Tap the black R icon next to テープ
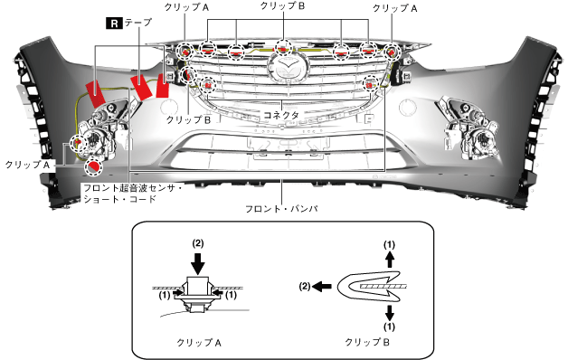(114, 24)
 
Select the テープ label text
(138, 23)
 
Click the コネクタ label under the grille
(281, 115)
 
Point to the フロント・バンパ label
(281, 209)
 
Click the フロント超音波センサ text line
(132, 188)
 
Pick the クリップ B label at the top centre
(282, 5)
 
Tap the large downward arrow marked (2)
(198, 263)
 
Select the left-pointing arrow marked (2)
(322, 287)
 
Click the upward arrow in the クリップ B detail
(390, 260)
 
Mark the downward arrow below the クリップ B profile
(390, 313)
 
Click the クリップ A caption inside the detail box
(198, 343)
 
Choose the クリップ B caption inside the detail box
(367, 342)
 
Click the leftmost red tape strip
(95, 93)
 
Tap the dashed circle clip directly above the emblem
(283, 48)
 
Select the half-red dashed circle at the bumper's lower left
(93, 167)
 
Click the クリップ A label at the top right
(395, 8)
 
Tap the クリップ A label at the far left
(27, 165)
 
